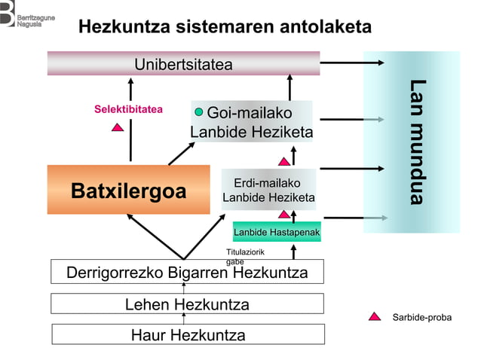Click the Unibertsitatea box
pyautogui.click(x=183, y=63)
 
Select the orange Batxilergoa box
pyautogui.click(x=128, y=190)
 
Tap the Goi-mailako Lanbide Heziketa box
pyautogui.click(x=251, y=123)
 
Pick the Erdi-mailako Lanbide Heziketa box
pyautogui.click(x=268, y=190)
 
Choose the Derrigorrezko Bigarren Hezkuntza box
pyautogui.click(x=187, y=272)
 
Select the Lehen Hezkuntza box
pyautogui.click(x=187, y=304)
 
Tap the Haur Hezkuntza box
pyautogui.click(x=188, y=334)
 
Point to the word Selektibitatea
pyautogui.click(x=128, y=109)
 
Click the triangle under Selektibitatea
pyautogui.click(x=118, y=127)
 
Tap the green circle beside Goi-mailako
pyautogui.click(x=199, y=112)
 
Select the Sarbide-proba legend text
pyautogui.click(x=421, y=317)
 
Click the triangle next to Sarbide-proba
pyautogui.click(x=375, y=316)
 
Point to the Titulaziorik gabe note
pyautogui.click(x=240, y=256)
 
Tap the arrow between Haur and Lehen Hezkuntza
pyautogui.click(x=184, y=319)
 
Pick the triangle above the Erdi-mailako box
pyautogui.click(x=284, y=161)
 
